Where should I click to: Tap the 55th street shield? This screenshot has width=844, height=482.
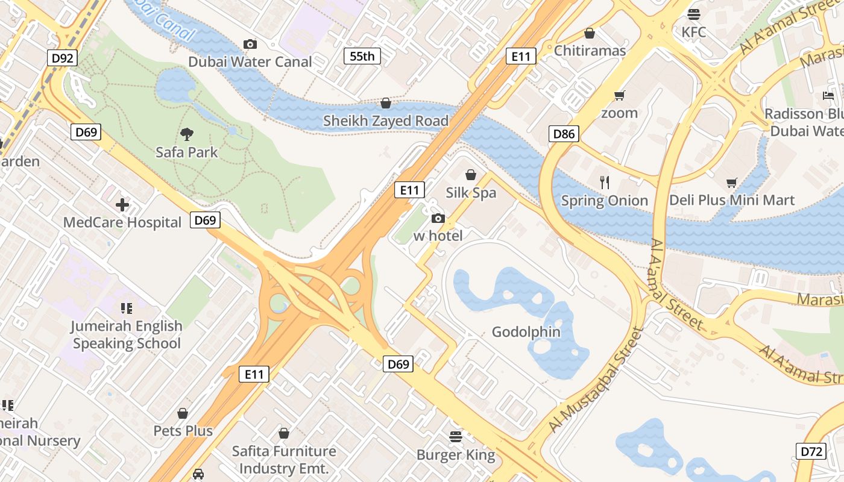[x=362, y=57]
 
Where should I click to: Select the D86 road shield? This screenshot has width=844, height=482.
[x=564, y=134]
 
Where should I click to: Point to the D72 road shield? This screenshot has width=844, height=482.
[x=810, y=451]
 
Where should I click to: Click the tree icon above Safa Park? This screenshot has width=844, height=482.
[x=187, y=134]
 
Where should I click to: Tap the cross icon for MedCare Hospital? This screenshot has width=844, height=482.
[x=122, y=205]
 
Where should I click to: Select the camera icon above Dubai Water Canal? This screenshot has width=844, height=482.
[x=250, y=44]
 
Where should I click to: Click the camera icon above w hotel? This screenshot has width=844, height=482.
[x=438, y=218]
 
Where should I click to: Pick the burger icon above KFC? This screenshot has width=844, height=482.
[x=694, y=14]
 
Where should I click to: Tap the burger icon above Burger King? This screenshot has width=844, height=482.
[x=456, y=436]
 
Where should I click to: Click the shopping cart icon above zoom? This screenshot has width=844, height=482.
[x=619, y=96]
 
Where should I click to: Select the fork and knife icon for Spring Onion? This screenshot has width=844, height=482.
[x=605, y=182]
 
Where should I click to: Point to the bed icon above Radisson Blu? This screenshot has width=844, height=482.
[x=828, y=96]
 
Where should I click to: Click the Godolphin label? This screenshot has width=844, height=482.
[x=526, y=332]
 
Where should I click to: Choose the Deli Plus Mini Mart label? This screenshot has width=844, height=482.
[x=732, y=200]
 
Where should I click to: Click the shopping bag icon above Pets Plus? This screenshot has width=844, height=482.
[x=183, y=413]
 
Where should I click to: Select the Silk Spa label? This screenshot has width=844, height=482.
[x=471, y=193]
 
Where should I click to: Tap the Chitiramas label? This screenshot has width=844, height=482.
[x=590, y=51]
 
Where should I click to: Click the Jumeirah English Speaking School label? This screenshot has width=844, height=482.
[x=127, y=334]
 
